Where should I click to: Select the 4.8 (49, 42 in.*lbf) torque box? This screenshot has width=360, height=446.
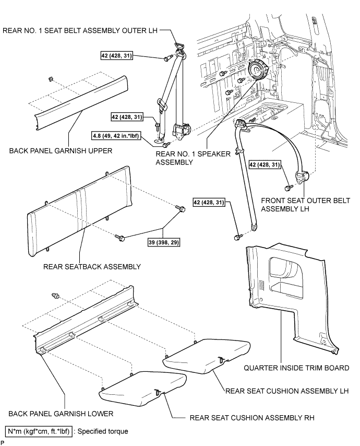pyautogui.click(x=116, y=136)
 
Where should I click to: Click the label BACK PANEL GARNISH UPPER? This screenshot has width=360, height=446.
pyautogui.click(x=61, y=150)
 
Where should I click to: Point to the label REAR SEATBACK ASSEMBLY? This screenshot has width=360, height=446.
pyautogui.click(x=92, y=266)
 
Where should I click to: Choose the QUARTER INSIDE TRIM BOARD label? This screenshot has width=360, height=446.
pyautogui.click(x=296, y=368)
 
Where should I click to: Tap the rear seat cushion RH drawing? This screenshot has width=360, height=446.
pyautogui.click(x=142, y=388)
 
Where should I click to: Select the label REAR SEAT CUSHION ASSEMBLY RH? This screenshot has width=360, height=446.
pyautogui.click(x=252, y=418)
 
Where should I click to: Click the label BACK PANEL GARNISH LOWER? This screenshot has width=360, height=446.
pyautogui.click(x=61, y=413)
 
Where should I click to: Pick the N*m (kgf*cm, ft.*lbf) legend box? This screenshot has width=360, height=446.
pyautogui.click(x=39, y=431)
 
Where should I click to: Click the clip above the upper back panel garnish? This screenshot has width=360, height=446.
pyautogui.click(x=51, y=78)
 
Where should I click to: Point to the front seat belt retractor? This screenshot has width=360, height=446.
pyautogui.click(x=302, y=177)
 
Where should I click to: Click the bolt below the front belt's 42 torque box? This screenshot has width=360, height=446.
pyautogui.click(x=289, y=187)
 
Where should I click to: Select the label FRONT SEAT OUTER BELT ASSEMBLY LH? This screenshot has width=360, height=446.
pyautogui.click(x=305, y=205)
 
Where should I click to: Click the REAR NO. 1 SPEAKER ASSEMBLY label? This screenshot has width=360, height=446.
pyautogui.click(x=193, y=158)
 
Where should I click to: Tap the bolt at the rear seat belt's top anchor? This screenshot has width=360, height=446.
pyautogui.click(x=167, y=58)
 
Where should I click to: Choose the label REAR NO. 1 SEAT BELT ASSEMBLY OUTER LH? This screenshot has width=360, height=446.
pyautogui.click(x=80, y=30)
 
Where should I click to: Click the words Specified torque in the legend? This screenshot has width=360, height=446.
pyautogui.click(x=103, y=431)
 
